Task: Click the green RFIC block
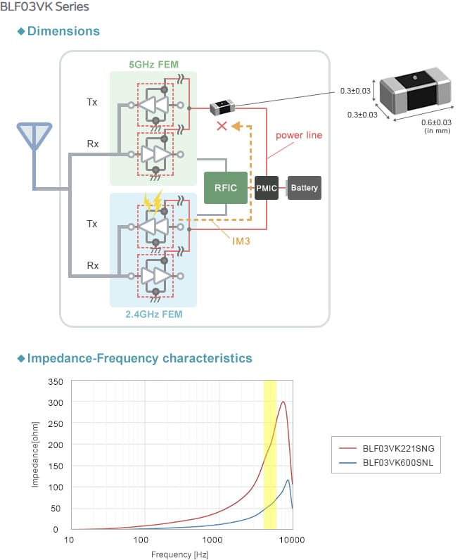(x=226, y=188)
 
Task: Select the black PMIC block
(x=267, y=188)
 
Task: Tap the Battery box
(x=305, y=188)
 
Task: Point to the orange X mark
(x=222, y=127)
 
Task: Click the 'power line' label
(x=298, y=134)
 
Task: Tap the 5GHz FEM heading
(x=153, y=65)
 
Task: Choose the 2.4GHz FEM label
(x=153, y=314)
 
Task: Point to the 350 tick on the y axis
(x=54, y=381)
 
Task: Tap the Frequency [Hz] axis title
(x=180, y=554)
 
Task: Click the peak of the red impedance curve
(x=283, y=402)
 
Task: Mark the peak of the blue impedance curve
(x=288, y=481)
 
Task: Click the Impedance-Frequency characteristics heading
(x=139, y=358)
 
